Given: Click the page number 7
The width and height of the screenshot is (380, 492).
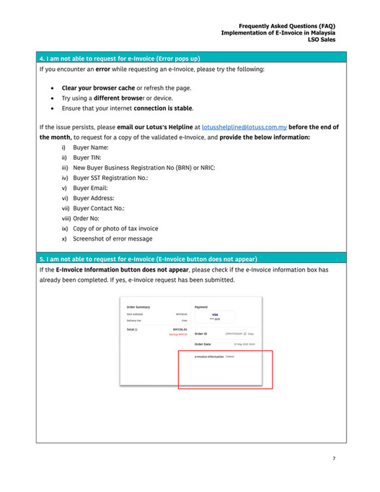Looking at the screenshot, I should click(334, 458).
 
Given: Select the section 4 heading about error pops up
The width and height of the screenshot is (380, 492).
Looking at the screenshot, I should click(120, 58).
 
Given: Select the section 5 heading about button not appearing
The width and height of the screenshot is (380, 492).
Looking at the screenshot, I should click(149, 258).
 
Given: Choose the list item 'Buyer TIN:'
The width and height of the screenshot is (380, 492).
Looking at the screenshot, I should click(87, 157).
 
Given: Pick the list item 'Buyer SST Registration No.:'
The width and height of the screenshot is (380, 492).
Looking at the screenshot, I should click(108, 177).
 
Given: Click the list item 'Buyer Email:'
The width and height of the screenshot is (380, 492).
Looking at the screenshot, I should click(89, 187).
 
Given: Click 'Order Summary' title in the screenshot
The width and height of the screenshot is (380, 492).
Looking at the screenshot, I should click(138, 307).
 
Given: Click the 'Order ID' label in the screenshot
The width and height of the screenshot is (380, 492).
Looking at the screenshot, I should click(201, 334).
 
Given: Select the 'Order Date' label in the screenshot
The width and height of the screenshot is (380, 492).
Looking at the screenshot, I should click(203, 344).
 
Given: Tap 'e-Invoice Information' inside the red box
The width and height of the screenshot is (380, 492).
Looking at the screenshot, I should click(209, 357).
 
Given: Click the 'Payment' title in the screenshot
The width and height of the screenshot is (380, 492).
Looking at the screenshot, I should click(201, 307).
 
